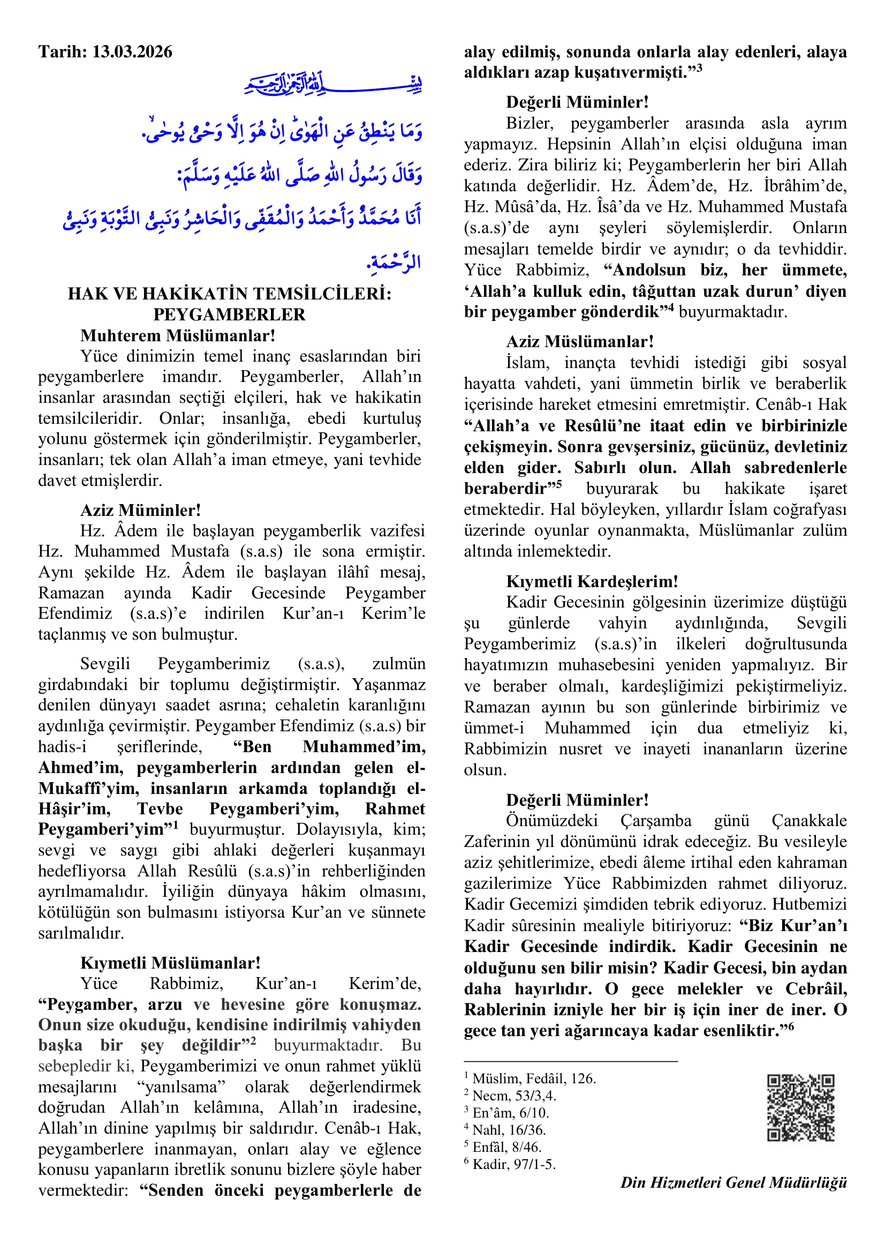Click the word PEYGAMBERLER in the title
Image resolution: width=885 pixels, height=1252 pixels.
[229, 314]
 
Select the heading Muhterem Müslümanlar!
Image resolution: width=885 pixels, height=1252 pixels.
[178, 335]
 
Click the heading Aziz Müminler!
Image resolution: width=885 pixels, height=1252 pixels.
[141, 510]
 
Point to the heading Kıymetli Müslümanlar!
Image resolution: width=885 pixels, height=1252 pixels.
[170, 963]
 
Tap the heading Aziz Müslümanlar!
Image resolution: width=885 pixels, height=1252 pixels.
[580, 341]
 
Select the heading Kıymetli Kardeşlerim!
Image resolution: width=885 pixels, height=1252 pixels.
[592, 581]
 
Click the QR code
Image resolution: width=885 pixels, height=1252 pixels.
[800, 1107]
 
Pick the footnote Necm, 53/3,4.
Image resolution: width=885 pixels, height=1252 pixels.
[514, 1096]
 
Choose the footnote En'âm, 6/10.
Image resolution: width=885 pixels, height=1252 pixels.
[510, 1112]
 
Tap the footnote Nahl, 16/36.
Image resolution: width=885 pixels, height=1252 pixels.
[509, 1130]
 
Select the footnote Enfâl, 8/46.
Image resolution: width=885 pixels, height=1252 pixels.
[506, 1147]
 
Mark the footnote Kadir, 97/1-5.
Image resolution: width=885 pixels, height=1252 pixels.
[513, 1164]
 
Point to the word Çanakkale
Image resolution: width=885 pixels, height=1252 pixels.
[808, 820]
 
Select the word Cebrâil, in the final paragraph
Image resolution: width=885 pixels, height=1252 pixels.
[816, 988]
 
